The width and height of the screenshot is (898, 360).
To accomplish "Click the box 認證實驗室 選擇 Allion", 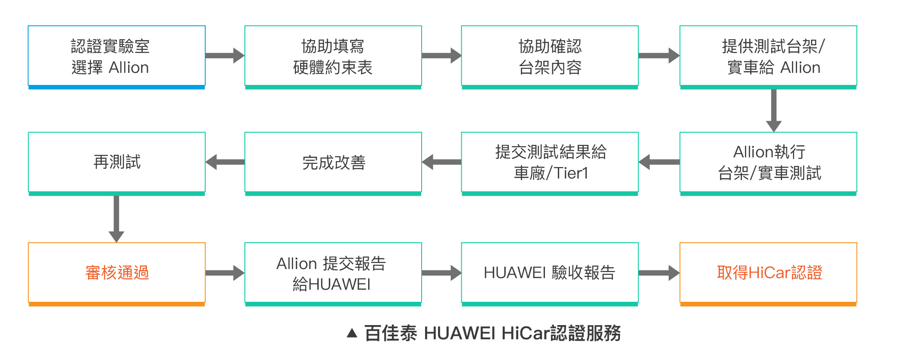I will [116, 56].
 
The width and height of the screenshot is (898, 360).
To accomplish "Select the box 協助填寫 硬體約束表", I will [333, 56].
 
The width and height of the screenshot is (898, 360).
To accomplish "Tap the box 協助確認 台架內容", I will [550, 56].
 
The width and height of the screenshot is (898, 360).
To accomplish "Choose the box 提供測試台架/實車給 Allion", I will [768, 56].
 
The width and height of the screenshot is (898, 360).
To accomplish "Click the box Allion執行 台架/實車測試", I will [768, 162].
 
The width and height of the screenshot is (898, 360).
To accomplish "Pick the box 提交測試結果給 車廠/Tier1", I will [550, 162].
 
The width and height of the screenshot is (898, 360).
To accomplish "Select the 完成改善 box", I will [333, 163].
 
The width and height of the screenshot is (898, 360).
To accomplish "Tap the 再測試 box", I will [116, 162].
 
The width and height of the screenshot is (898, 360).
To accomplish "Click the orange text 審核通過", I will [117, 273].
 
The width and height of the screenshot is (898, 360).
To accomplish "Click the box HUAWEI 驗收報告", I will [550, 273].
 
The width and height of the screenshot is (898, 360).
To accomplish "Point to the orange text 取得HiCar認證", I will [769, 273].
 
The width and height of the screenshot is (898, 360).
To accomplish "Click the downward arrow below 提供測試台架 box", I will [773, 110].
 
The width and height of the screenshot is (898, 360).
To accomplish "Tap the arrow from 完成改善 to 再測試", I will [225, 162].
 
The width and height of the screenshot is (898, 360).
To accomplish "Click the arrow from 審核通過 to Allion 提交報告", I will [225, 273].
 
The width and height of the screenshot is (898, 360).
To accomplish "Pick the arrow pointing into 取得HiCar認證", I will [659, 273].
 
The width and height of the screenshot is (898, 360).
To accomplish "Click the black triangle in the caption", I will [352, 333].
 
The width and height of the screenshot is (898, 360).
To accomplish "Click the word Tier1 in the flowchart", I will [571, 173].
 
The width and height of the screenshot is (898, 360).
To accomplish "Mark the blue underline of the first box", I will [116, 87].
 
